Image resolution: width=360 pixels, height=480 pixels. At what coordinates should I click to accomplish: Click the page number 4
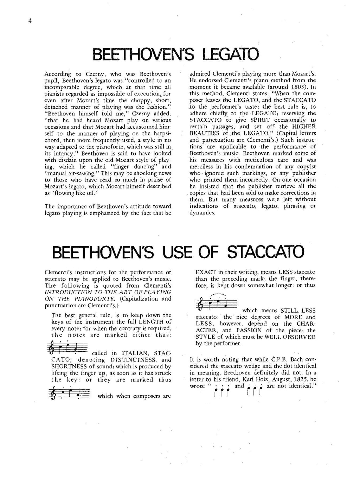click(x=30, y=21)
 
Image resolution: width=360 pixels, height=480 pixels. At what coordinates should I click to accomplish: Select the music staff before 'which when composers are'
click(x=68, y=392)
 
